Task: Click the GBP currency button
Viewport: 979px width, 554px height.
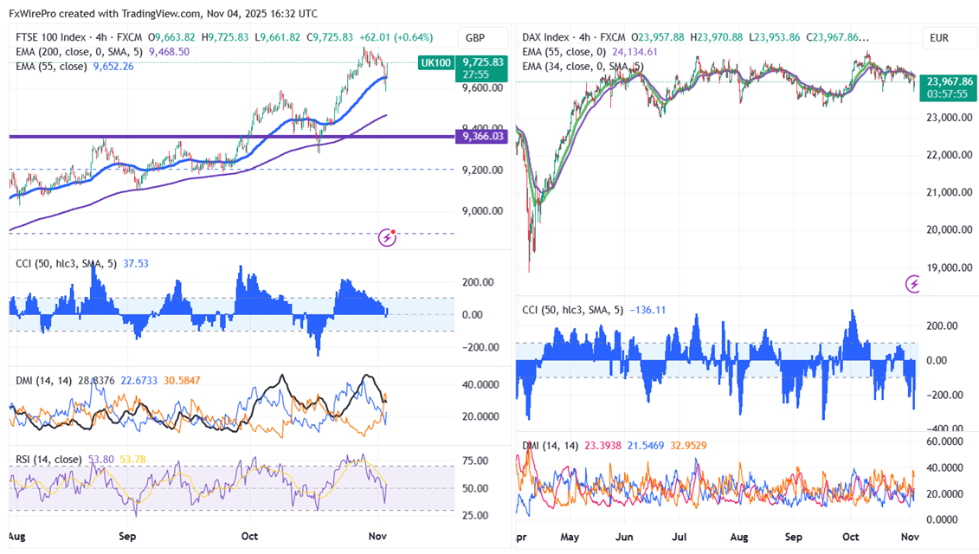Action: pyautogui.click(x=475, y=38)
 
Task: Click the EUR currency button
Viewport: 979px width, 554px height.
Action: pyautogui.click(x=940, y=38)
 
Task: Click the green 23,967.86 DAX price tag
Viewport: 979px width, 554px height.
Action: pyautogui.click(x=947, y=81)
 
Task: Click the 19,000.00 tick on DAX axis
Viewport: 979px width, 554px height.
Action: pyautogui.click(x=948, y=267)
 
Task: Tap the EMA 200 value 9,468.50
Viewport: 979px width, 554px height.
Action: pyautogui.click(x=169, y=52)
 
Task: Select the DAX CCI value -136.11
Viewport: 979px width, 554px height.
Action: pyautogui.click(x=641, y=309)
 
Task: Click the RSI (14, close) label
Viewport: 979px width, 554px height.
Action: pyautogui.click(x=50, y=459)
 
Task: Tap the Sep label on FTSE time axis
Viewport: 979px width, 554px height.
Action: pyautogui.click(x=127, y=537)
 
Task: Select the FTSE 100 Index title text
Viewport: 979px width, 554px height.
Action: pyautogui.click(x=50, y=38)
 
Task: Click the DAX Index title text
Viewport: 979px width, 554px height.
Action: pyautogui.click(x=545, y=38)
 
